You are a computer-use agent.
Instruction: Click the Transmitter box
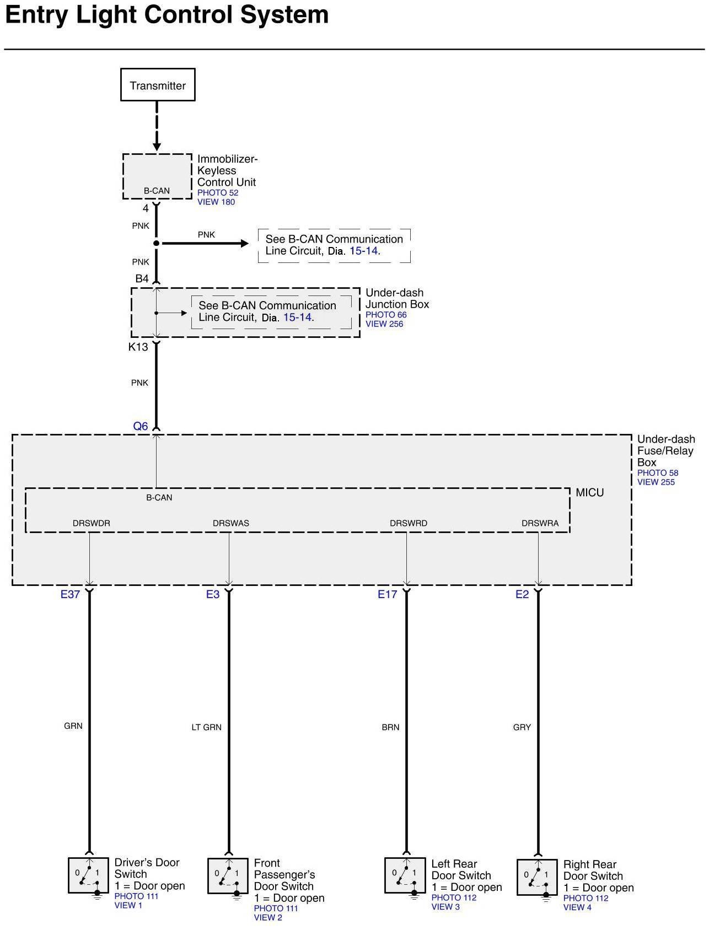click(x=158, y=85)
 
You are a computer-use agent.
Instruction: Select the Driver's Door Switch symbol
click(x=89, y=875)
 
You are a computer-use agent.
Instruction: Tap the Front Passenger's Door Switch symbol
click(x=228, y=876)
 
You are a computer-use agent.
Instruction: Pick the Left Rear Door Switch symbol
click(x=405, y=875)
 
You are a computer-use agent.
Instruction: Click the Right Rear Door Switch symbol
click(x=537, y=877)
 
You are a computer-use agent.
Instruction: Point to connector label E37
click(x=70, y=594)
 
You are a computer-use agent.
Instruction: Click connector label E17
click(x=387, y=594)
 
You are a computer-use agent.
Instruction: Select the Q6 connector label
click(x=141, y=426)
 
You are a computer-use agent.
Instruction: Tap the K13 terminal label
click(x=138, y=347)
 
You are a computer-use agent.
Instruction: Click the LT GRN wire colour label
click(x=206, y=727)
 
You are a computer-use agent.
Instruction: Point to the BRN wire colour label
click(x=390, y=727)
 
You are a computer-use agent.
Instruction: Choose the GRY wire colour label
click(x=522, y=727)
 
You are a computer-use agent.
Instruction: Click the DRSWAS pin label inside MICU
click(x=231, y=523)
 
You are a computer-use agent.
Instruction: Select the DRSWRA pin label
click(x=540, y=523)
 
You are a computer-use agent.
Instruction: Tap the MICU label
click(x=589, y=493)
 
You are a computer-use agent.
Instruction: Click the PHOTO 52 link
click(x=218, y=192)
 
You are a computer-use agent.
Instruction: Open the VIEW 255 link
click(x=656, y=482)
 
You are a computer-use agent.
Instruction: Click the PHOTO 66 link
click(x=386, y=315)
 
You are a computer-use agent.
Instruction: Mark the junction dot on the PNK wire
click(x=157, y=243)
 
